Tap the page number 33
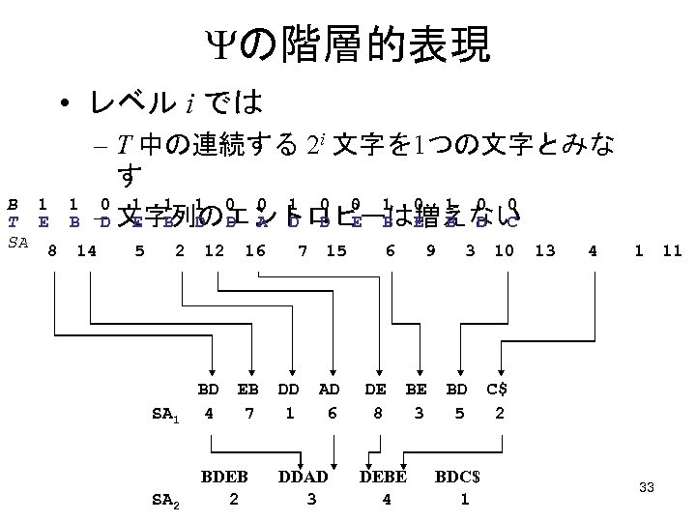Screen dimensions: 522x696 click(647, 488)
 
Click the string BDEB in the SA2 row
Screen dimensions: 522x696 click(224, 477)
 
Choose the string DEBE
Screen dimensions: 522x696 click(383, 477)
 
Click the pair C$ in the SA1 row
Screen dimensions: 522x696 click(496, 389)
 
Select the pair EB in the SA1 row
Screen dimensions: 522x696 click(247, 389)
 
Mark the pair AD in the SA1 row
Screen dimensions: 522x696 click(330, 389)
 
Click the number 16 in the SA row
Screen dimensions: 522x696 click(255, 251)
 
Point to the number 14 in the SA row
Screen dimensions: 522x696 click(85, 251)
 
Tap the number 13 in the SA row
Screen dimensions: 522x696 click(544, 251)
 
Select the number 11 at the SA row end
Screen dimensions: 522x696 click(673, 251)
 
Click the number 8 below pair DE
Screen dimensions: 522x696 click(376, 413)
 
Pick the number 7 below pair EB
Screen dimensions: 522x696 click(248, 413)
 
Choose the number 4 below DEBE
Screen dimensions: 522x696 click(387, 500)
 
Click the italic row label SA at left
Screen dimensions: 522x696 click(17, 240)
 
